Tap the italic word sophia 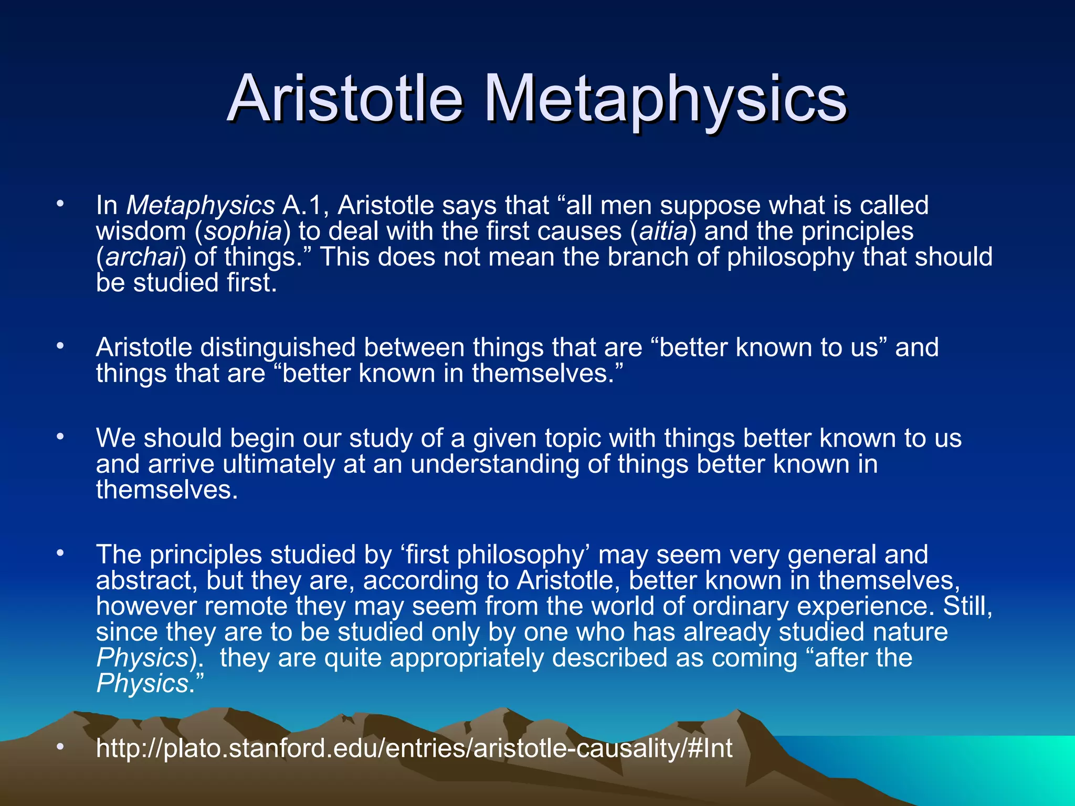[243, 231]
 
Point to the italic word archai [142, 257]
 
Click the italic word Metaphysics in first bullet [201, 205]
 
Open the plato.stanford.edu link [414, 748]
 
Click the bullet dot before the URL [60, 746]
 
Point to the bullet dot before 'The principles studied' [60, 553]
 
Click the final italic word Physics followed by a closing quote [142, 684]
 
